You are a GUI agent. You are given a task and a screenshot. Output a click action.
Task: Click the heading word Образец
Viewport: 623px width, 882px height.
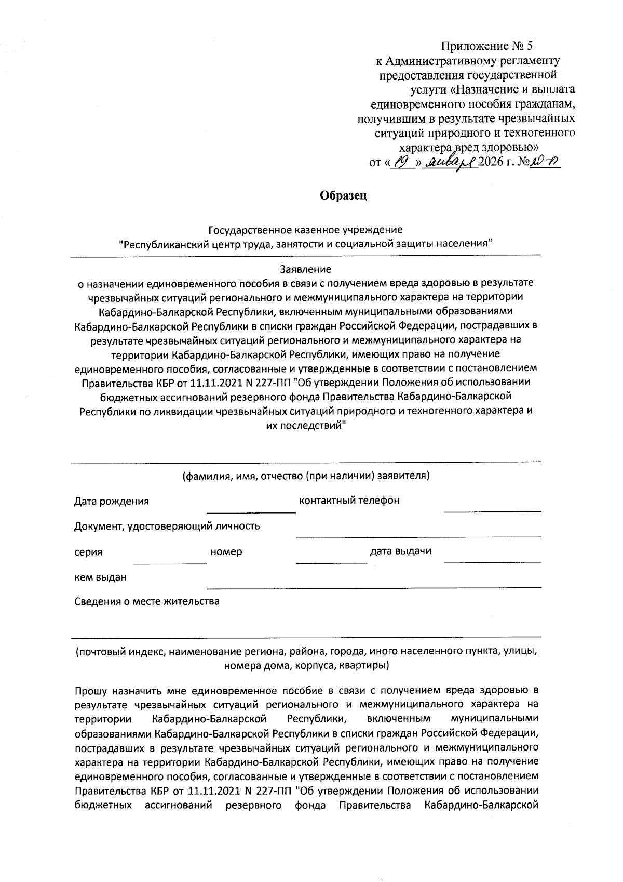(x=343, y=196)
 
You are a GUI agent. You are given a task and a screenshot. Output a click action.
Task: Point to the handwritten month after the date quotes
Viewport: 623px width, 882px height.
(x=450, y=163)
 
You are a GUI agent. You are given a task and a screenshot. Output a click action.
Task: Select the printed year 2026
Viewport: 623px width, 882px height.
(x=493, y=163)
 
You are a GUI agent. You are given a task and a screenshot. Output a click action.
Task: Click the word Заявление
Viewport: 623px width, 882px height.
(x=305, y=269)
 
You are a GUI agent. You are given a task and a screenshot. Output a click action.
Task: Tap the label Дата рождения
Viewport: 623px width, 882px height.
(x=111, y=501)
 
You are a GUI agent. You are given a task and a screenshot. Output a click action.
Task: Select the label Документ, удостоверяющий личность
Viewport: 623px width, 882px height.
(x=167, y=526)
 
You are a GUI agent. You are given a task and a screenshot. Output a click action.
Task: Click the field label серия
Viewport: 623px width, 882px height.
(x=88, y=552)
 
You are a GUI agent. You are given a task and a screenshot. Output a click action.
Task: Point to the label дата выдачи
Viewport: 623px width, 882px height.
(x=400, y=551)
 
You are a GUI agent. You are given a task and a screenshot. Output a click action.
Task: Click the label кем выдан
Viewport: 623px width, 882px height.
(x=100, y=577)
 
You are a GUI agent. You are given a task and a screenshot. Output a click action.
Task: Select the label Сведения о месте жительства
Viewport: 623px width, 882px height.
(x=146, y=601)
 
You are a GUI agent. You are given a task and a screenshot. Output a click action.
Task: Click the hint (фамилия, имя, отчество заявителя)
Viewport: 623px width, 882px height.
(x=305, y=476)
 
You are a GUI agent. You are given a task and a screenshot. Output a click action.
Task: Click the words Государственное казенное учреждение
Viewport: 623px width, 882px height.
(x=305, y=229)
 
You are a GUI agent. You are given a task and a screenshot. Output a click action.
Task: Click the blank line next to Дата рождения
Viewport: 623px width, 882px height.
(x=251, y=511)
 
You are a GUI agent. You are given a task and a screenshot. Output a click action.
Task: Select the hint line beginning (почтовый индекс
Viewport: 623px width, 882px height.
(x=305, y=651)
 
